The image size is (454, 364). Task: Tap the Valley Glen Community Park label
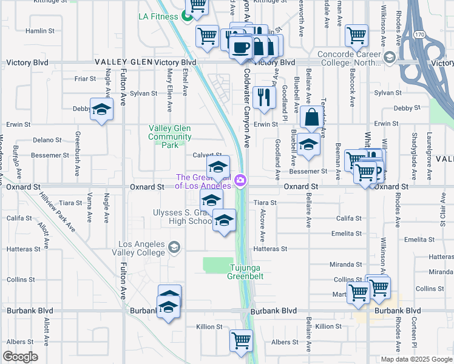pos(171,136)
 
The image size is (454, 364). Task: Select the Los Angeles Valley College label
pos(141,248)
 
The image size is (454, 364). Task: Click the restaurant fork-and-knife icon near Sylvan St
pos(264,96)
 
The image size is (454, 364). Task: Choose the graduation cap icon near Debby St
pos(102,109)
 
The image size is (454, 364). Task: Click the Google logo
pos(21,356)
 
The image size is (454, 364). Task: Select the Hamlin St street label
pos(40,30)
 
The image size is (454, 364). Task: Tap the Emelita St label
pos(347,232)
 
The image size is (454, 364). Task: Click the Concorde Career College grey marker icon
pos(390,59)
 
